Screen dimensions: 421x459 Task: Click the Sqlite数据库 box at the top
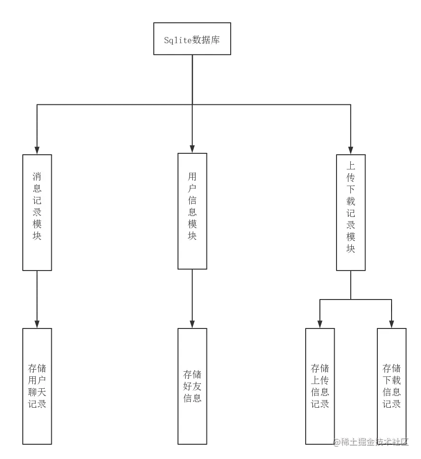(x=192, y=38)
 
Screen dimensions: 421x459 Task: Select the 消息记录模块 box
(x=37, y=212)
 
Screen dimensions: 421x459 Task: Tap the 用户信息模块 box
(x=192, y=211)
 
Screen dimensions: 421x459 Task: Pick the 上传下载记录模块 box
(x=351, y=212)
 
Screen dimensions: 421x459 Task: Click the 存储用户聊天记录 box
(x=37, y=385)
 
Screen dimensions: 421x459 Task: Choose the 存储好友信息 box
(x=192, y=385)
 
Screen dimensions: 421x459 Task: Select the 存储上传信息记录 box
(x=319, y=385)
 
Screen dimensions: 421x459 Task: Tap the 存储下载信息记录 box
(x=392, y=385)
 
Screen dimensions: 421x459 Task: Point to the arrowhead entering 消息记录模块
(x=37, y=149)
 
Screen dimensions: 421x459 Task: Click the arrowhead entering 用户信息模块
(x=192, y=149)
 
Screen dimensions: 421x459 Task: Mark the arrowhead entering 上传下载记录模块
(x=351, y=149)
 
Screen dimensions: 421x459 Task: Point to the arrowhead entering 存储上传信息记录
(x=319, y=324)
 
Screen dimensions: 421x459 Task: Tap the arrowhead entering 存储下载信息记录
(x=392, y=324)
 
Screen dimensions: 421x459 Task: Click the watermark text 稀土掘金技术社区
(x=371, y=442)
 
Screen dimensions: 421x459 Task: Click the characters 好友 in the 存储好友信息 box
(x=192, y=385)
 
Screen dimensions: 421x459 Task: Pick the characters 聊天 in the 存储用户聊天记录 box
(x=37, y=392)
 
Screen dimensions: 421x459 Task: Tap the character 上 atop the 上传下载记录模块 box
(x=351, y=166)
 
